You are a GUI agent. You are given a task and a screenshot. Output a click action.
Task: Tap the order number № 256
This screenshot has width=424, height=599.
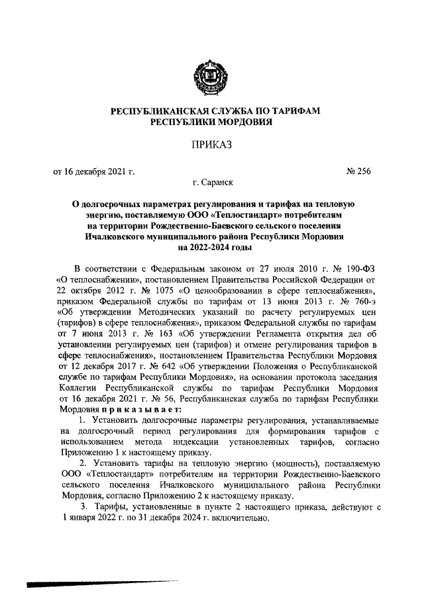tap(358, 171)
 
